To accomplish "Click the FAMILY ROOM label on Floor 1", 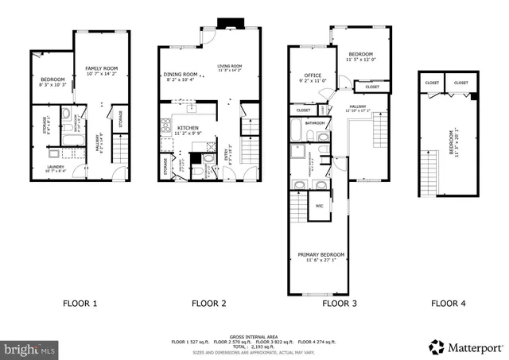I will click(x=101, y=69).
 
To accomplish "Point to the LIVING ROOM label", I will click(x=230, y=66).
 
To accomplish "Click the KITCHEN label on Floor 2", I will click(x=188, y=127).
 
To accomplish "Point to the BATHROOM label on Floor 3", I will click(x=316, y=123).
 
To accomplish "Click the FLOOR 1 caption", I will click(x=80, y=303).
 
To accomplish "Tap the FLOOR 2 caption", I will click(x=209, y=303).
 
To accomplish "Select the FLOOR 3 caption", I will click(x=339, y=303).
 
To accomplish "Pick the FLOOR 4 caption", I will click(x=449, y=303).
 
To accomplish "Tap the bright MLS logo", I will click(x=31, y=348).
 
